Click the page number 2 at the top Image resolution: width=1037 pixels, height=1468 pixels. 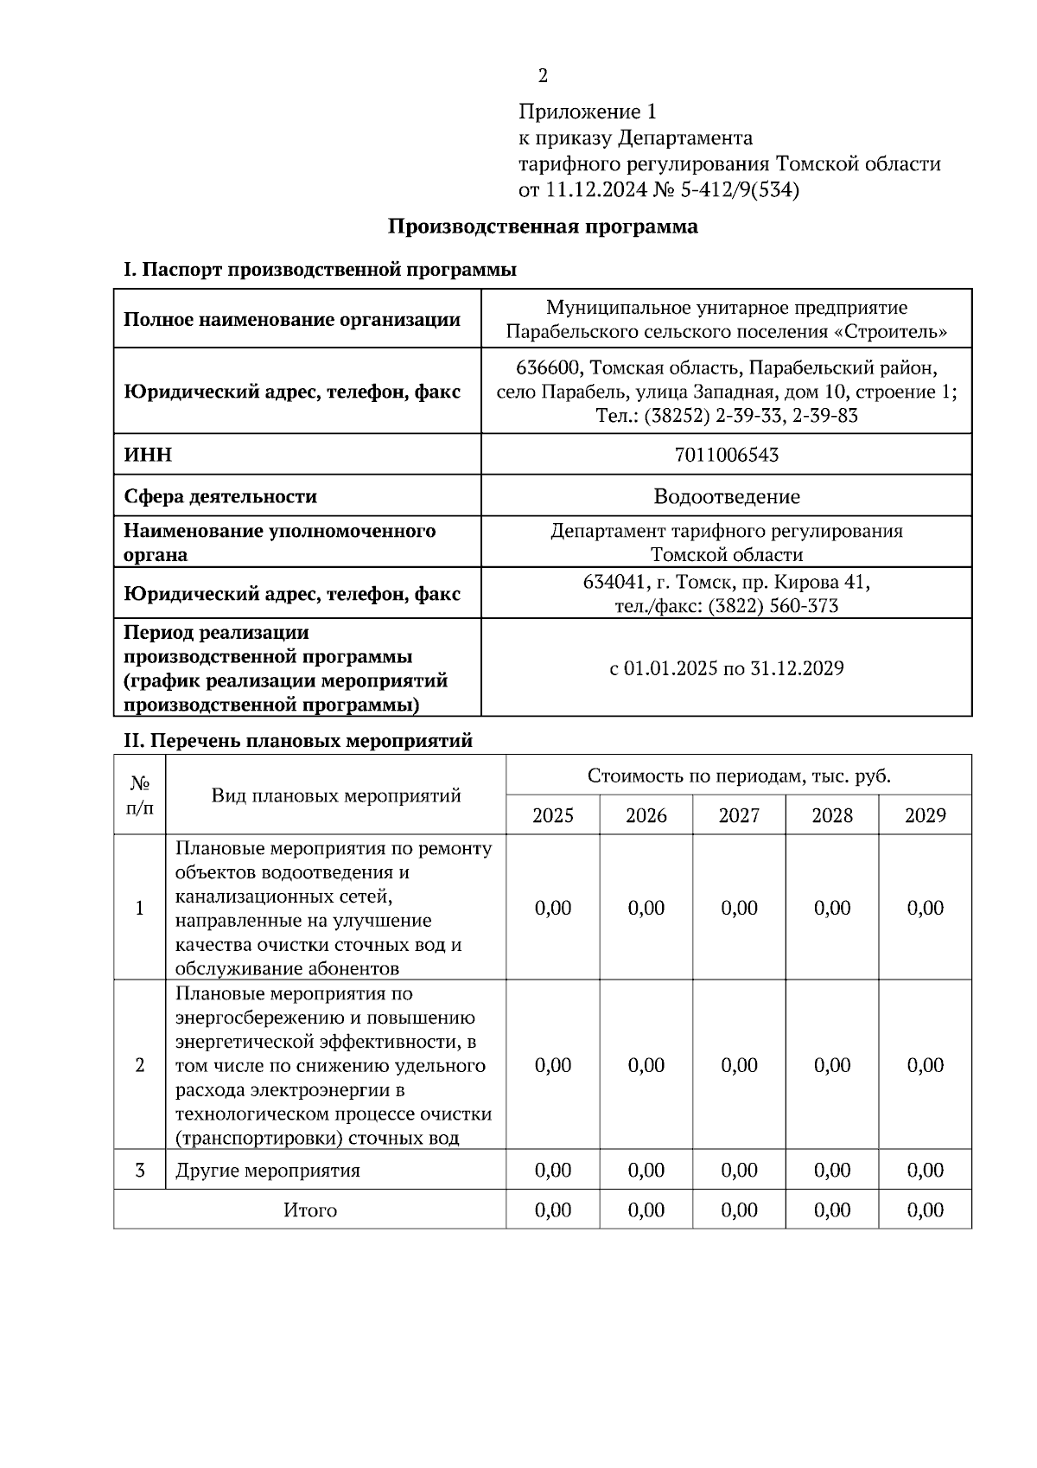(543, 77)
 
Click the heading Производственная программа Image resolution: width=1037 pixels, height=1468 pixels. (543, 227)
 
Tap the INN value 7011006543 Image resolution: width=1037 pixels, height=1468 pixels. (727, 455)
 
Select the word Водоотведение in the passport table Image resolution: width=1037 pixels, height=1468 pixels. (727, 497)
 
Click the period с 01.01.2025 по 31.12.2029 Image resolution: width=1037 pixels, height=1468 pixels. (727, 668)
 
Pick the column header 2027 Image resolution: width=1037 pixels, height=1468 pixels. (739, 815)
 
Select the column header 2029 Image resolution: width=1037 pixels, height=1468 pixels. (925, 815)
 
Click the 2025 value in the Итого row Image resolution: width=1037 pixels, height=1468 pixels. (553, 1210)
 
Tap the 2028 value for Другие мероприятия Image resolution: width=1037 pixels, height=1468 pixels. (832, 1171)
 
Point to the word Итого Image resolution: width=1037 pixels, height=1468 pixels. (310, 1210)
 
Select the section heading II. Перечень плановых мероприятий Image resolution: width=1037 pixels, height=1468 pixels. (299, 741)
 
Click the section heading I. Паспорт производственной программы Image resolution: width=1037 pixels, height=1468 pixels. (321, 271)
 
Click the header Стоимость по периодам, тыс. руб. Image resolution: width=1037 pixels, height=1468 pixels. (739, 775)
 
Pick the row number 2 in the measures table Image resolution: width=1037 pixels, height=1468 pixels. (140, 1065)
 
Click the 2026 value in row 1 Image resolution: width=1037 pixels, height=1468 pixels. (646, 908)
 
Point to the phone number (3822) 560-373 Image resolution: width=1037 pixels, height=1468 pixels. (773, 606)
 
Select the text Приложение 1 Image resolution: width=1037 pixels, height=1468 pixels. (588, 112)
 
